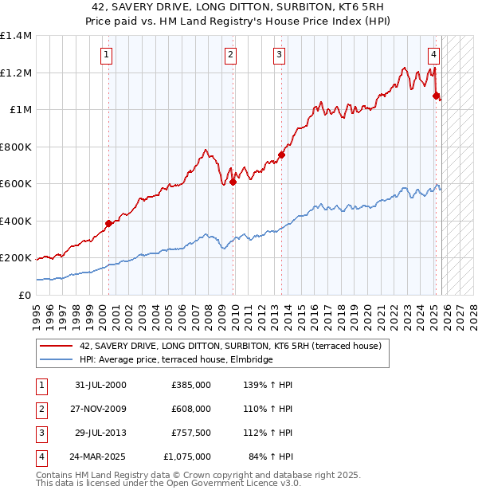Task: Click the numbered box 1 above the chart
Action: point(107,55)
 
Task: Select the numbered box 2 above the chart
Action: point(229,55)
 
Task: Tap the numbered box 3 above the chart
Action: point(280,55)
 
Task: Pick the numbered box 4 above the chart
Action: point(433,55)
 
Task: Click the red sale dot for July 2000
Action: point(108,223)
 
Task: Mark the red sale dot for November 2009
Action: point(233,182)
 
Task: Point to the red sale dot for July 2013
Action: point(282,155)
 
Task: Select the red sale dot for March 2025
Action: point(436,96)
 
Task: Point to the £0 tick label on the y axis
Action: point(25,296)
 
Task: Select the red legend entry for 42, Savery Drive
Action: point(231,347)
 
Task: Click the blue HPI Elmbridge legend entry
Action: point(176,360)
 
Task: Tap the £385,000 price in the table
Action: point(191,385)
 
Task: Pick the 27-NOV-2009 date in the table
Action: point(99,409)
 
